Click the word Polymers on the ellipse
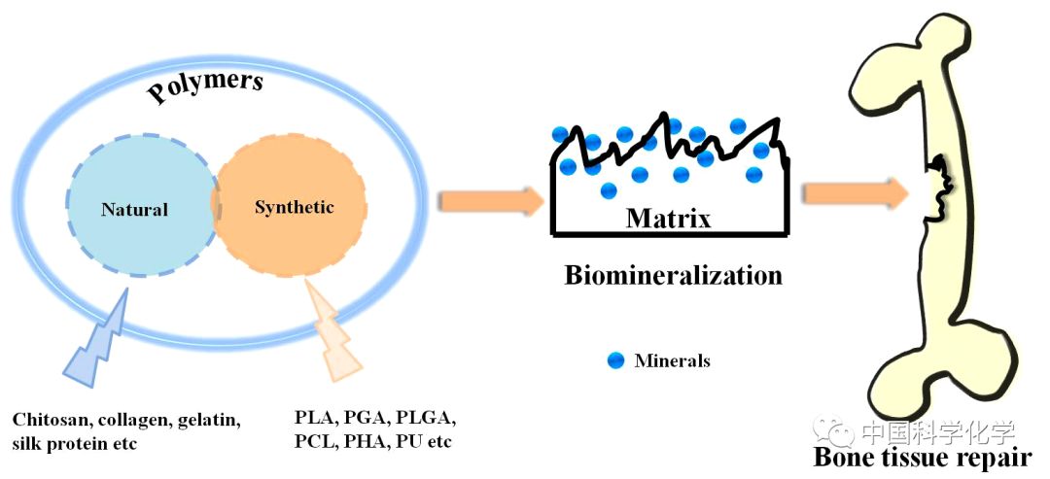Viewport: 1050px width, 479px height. point(205,88)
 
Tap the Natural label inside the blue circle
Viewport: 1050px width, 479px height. point(134,209)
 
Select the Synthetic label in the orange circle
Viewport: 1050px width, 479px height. point(294,207)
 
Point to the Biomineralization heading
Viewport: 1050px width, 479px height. point(673,275)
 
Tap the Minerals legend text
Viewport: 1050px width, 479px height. point(672,361)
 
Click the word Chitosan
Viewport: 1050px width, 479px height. point(48,421)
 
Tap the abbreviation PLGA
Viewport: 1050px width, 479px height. point(425,420)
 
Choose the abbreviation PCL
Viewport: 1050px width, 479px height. point(315,442)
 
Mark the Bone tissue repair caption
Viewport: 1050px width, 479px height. point(923,458)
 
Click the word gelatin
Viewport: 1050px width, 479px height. point(208,421)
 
